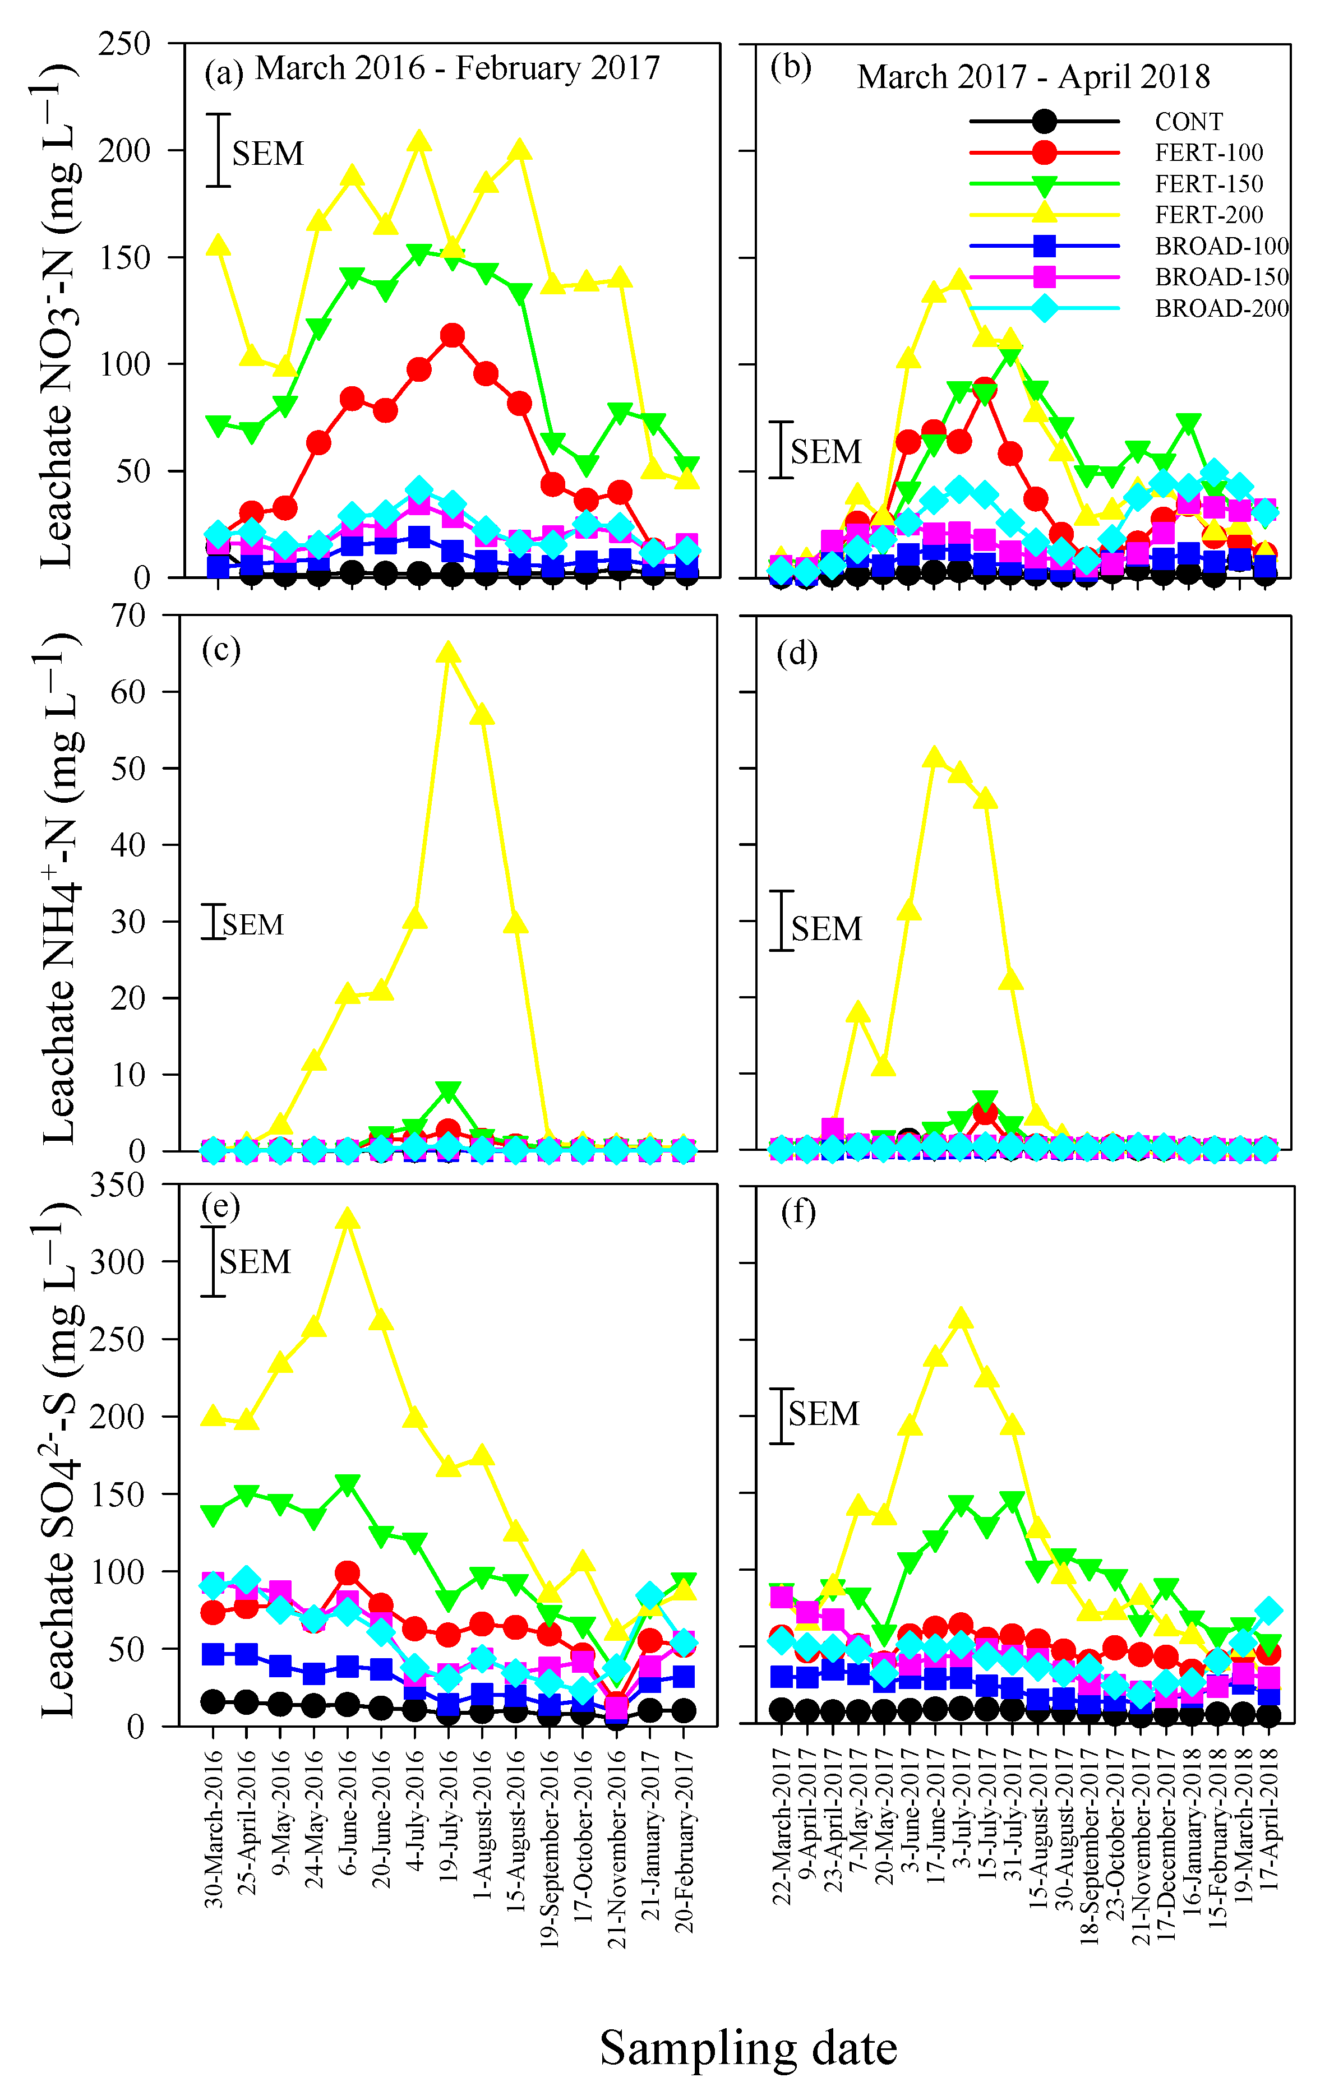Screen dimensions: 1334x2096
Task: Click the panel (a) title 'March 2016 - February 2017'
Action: (457, 68)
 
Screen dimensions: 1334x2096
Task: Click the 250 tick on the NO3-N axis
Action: (124, 44)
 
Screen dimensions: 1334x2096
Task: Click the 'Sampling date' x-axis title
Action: (748, 2048)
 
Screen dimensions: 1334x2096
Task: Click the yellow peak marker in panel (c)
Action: (447, 653)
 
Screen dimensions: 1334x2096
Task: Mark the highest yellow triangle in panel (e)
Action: (348, 1218)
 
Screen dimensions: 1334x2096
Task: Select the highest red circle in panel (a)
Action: (452, 335)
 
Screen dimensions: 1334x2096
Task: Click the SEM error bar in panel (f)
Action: (782, 1416)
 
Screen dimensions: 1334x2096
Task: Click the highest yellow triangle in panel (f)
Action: (961, 1318)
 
